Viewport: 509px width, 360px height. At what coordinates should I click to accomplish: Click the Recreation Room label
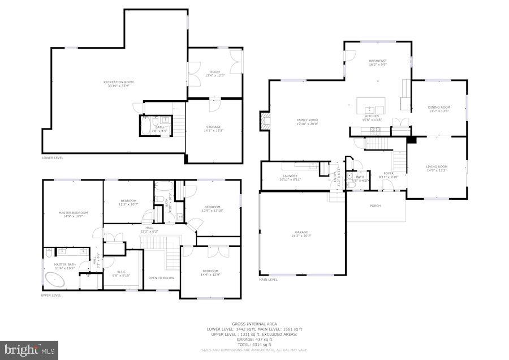click(118, 83)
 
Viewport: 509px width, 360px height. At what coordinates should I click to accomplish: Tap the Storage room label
click(213, 127)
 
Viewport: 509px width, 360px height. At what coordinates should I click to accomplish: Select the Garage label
click(301, 232)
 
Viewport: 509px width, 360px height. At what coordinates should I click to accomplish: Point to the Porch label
click(375, 205)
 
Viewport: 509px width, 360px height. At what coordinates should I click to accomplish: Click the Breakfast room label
click(378, 61)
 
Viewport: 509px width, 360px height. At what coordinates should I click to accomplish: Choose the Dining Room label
click(439, 108)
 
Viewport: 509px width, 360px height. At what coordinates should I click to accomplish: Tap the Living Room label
click(436, 166)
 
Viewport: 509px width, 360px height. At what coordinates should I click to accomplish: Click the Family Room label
click(308, 120)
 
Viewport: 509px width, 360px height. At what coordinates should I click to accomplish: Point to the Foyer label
click(389, 173)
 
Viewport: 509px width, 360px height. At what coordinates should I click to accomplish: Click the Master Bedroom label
click(73, 213)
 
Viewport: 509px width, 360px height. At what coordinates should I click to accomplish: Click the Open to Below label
click(161, 278)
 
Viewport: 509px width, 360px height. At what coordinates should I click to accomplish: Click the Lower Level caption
click(53, 158)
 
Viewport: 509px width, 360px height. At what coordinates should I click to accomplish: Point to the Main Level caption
click(268, 280)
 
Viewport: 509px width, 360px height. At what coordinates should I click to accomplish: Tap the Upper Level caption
click(51, 295)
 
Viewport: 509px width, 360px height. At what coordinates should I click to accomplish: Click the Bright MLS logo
click(29, 350)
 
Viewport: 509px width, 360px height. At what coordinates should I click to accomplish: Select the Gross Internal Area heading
click(254, 324)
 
